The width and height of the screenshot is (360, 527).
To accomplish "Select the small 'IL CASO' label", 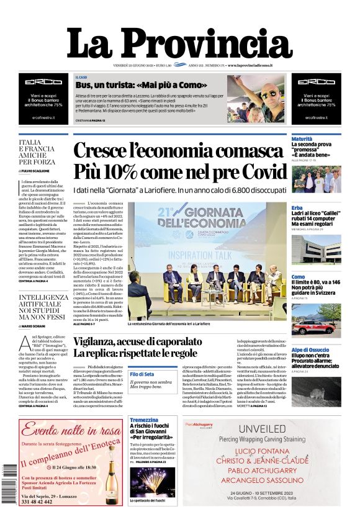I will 81,76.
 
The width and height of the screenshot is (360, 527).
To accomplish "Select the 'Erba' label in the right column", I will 297,207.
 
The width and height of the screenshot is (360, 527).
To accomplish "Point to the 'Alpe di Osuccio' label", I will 310,350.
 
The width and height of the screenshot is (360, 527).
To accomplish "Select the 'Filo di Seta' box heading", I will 142,374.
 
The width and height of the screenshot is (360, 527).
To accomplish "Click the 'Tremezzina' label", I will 144,420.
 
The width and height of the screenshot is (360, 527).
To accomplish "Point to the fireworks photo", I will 152,482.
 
